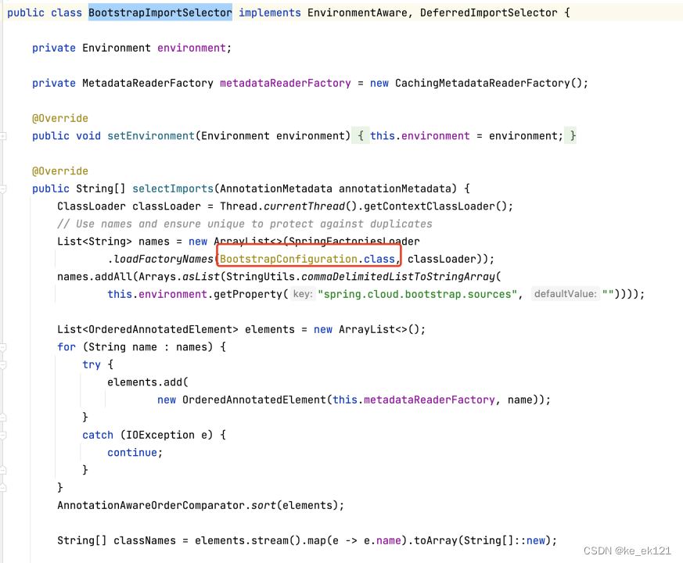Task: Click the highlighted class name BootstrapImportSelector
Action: coord(160,13)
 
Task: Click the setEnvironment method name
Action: coord(150,136)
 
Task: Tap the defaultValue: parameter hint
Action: coord(565,294)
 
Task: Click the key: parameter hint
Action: coord(302,294)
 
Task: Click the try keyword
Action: coord(92,364)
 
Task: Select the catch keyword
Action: coord(98,435)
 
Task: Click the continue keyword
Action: coord(132,453)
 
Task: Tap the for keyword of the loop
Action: coord(67,347)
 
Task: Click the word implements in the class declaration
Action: coord(270,13)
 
